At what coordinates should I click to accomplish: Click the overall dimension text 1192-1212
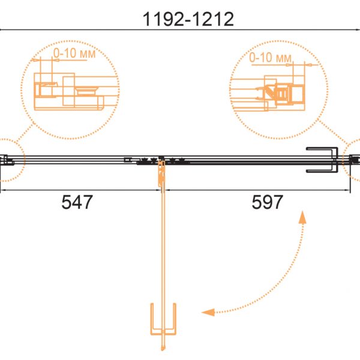[188, 19]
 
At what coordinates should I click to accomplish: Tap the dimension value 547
[77, 202]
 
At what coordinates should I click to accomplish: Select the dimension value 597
[267, 202]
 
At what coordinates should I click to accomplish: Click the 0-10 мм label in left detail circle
[74, 53]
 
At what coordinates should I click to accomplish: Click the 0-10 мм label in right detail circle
[270, 58]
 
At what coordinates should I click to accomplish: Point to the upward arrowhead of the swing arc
[303, 217]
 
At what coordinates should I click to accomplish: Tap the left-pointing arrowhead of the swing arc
[208, 312]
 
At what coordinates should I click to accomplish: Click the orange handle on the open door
[163, 319]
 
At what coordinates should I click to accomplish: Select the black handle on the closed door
[322, 160]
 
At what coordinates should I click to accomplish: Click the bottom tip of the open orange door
[163, 350]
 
